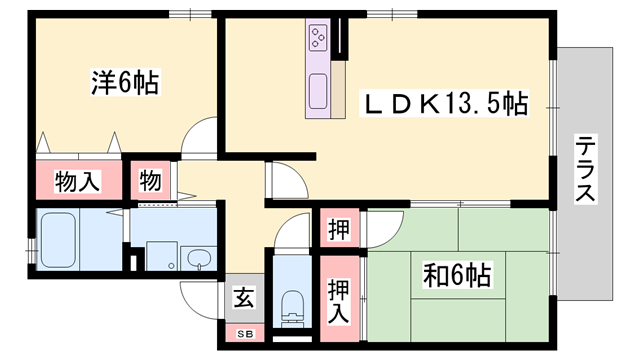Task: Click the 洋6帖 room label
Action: click(125, 82)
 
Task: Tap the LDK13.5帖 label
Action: click(444, 102)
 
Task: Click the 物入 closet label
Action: click(77, 182)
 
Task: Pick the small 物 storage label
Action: click(150, 181)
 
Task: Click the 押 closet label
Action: click(339, 227)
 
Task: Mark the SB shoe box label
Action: click(243, 333)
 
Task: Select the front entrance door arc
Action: click(198, 297)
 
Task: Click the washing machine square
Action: click(160, 255)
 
